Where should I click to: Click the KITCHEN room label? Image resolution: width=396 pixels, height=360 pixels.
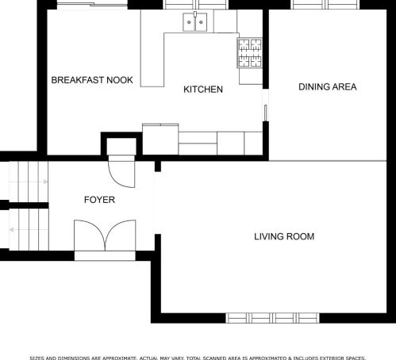(x=203, y=90)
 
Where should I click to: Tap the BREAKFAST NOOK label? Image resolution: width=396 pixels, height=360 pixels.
(x=92, y=80)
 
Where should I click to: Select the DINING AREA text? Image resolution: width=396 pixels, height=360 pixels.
(x=328, y=86)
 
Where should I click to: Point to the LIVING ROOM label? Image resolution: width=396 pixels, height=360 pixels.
(x=284, y=236)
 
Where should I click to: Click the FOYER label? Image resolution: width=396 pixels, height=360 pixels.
(x=99, y=200)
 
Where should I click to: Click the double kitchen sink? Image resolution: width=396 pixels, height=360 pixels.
(x=195, y=22)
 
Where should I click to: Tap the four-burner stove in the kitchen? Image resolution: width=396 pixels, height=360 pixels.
(x=249, y=53)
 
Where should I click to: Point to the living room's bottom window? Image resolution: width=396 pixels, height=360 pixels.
(x=272, y=318)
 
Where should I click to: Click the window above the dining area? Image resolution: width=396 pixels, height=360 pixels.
(x=325, y=5)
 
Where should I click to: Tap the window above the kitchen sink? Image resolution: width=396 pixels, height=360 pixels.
(x=195, y=5)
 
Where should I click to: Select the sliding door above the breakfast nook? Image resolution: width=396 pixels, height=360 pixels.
(x=92, y=4)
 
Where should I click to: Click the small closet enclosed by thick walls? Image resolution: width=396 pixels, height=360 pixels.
(x=121, y=146)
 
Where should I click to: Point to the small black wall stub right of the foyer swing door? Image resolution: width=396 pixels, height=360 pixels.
(x=158, y=167)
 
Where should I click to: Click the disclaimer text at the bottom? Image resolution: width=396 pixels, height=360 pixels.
(x=198, y=358)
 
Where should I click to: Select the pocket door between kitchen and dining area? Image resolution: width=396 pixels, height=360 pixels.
(x=265, y=113)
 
